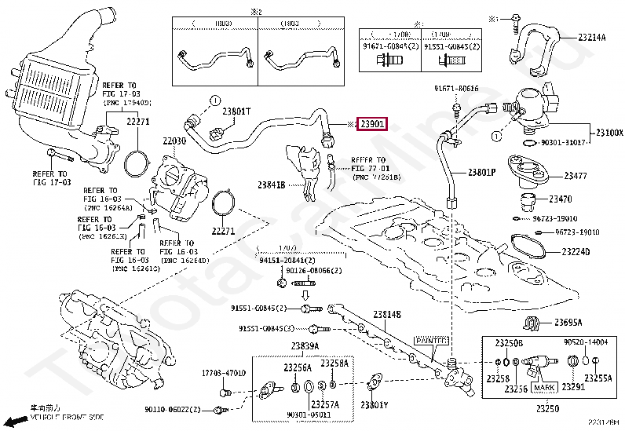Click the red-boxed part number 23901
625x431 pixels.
372,125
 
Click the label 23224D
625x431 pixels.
576,252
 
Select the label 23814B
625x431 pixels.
387,314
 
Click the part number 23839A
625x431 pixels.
304,346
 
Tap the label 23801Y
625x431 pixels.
375,405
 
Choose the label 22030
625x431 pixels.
174,141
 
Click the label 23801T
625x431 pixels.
236,111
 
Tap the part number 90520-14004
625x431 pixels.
586,342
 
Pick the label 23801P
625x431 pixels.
481,172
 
